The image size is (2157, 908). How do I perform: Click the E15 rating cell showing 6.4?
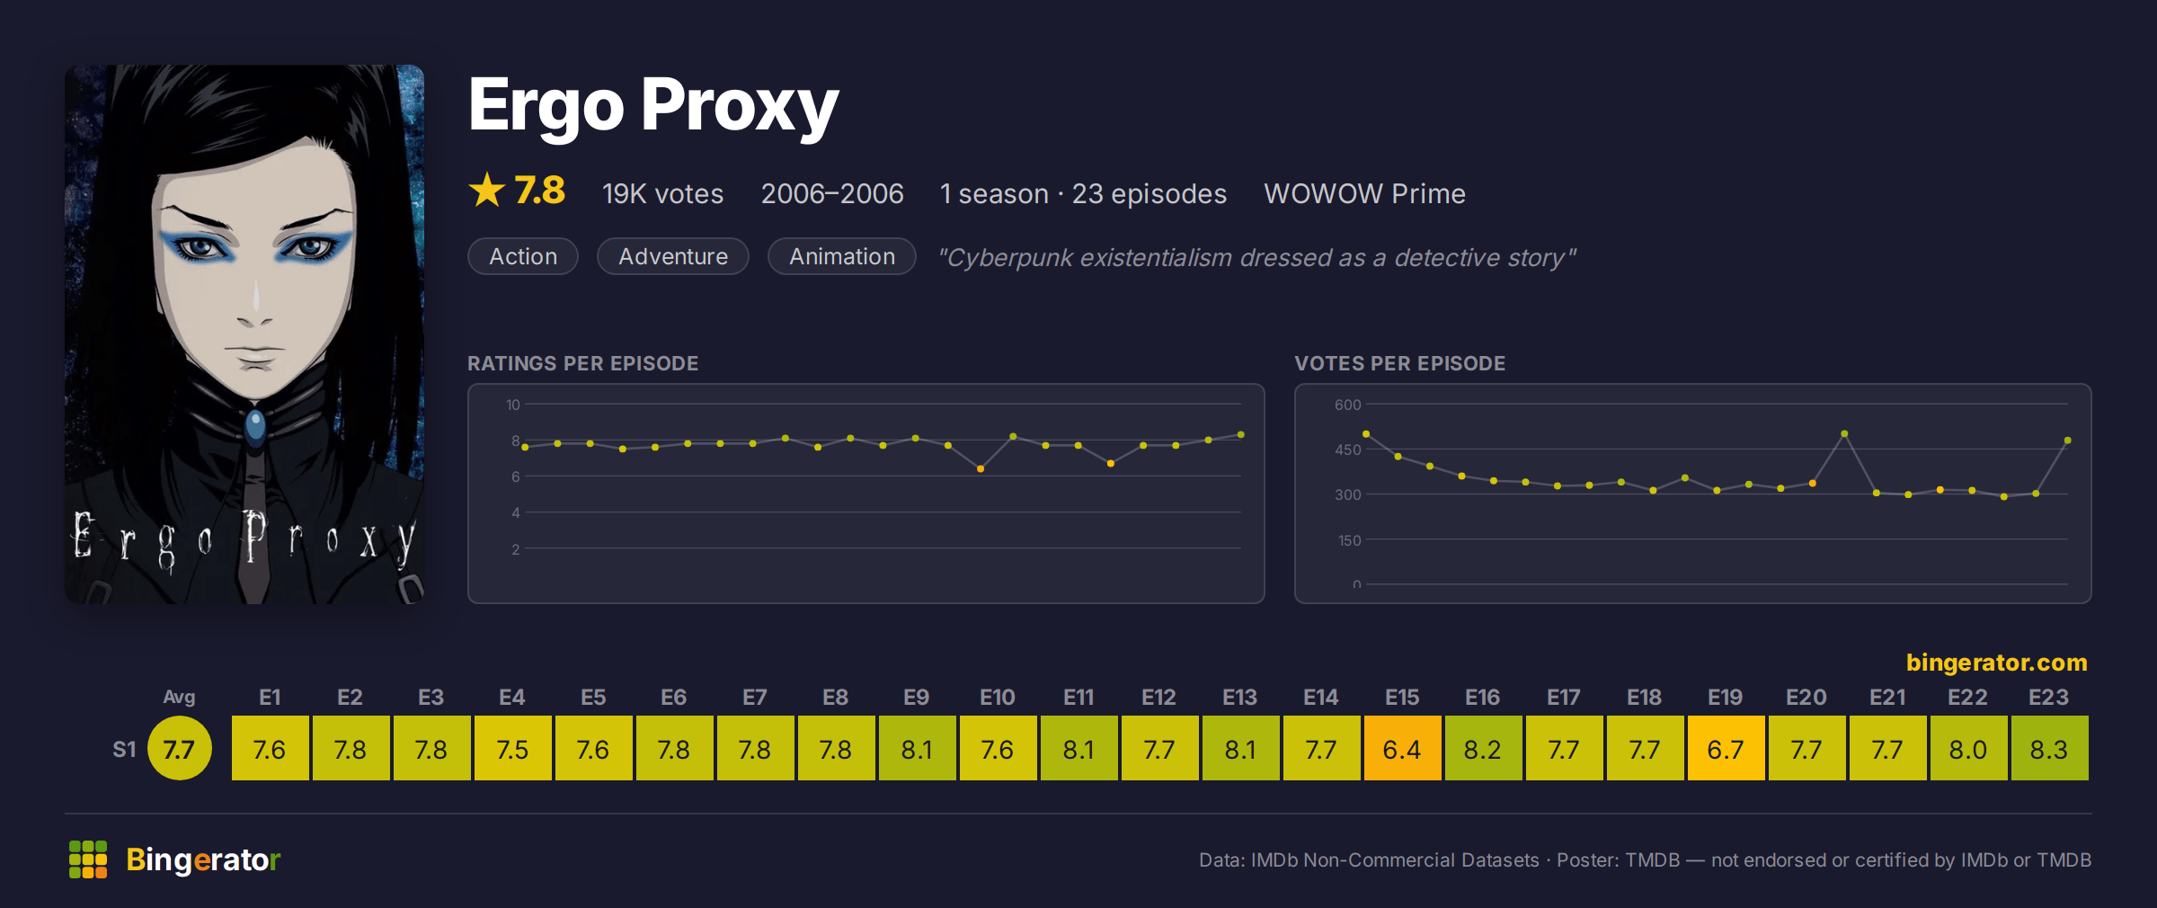click(x=1402, y=748)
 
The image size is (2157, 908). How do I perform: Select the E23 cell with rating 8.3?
click(x=2049, y=748)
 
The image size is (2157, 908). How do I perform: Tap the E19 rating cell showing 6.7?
click(x=1726, y=748)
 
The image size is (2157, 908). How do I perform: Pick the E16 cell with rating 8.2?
click(x=1483, y=748)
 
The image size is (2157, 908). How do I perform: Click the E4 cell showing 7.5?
click(x=512, y=748)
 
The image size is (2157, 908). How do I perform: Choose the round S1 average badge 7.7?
click(x=179, y=748)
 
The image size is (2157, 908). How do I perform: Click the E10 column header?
click(x=997, y=697)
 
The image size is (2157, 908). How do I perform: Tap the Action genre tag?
click(x=523, y=256)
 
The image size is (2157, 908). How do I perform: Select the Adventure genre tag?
click(x=673, y=256)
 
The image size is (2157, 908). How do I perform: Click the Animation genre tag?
click(x=842, y=256)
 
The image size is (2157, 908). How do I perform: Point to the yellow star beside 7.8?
click(x=487, y=190)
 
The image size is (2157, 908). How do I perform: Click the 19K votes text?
click(x=662, y=193)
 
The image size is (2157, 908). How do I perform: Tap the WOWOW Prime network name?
click(x=1364, y=193)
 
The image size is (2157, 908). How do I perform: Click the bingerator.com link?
click(x=1996, y=663)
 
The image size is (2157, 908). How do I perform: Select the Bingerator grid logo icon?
click(x=88, y=859)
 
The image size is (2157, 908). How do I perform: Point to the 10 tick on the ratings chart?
click(x=513, y=405)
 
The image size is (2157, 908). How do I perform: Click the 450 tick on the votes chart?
click(x=1348, y=450)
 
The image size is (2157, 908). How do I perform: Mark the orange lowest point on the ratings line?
click(x=981, y=468)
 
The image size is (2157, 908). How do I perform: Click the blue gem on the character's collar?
click(x=255, y=425)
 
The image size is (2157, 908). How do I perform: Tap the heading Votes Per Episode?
click(x=1399, y=363)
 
